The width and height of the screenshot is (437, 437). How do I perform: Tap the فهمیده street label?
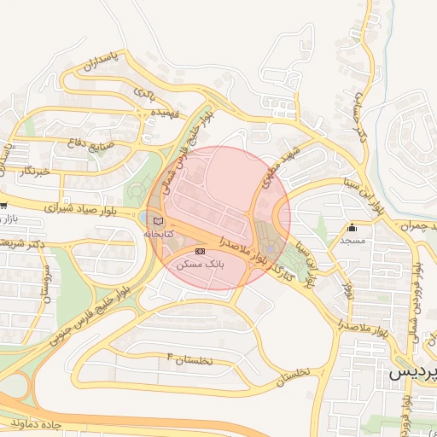coord(165,112)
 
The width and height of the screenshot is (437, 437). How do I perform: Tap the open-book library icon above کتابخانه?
coord(156,222)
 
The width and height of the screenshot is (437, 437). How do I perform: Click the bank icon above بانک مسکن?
coord(201,251)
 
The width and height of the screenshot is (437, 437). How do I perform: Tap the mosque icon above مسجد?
coord(352,228)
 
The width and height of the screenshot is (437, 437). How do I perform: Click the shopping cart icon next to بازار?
coord(3,206)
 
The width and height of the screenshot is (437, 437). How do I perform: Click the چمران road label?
coord(405,224)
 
